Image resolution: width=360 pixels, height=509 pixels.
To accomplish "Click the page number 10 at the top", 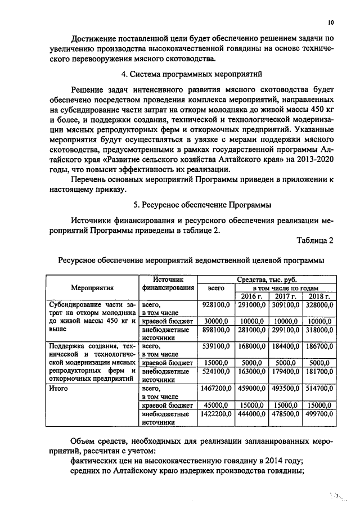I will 330,22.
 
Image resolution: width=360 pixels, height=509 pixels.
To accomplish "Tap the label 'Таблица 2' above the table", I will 315,241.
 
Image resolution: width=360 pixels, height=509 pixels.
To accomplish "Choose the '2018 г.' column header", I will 318,296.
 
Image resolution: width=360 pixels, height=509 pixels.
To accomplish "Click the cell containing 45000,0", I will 216,405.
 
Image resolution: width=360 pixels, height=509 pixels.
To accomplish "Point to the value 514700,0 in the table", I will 318,388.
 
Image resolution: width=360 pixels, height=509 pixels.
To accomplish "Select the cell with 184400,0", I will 285,346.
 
